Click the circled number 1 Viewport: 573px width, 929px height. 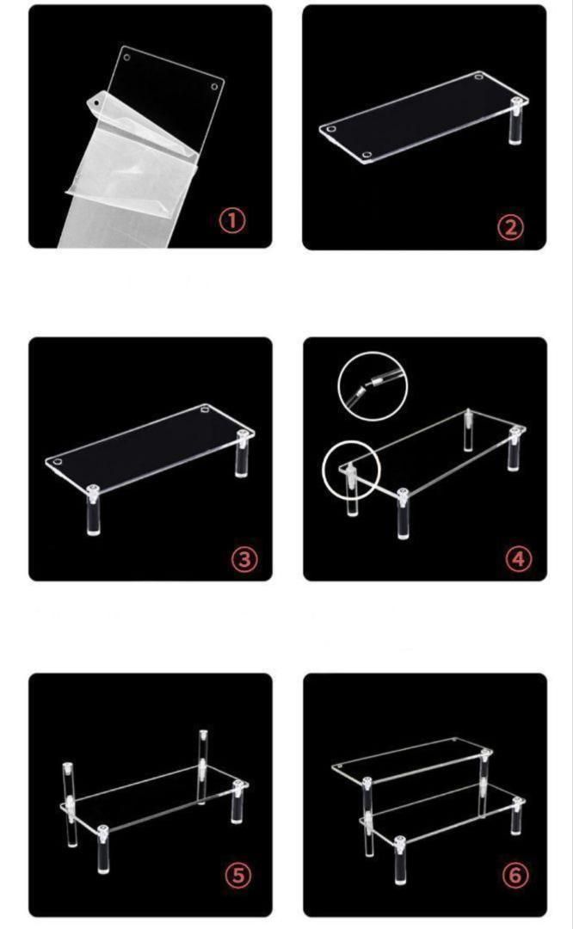click(232, 220)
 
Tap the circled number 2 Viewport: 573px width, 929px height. click(511, 227)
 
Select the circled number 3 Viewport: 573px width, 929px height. click(244, 559)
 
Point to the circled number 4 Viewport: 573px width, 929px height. click(519, 559)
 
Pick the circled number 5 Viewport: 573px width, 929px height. click(238, 875)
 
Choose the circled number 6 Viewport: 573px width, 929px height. click(515, 875)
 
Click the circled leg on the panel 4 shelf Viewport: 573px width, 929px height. click(351, 489)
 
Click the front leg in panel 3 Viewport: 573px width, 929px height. click(93, 510)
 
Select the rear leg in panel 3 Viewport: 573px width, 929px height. click(242, 454)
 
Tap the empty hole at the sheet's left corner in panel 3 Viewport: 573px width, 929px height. click(57, 462)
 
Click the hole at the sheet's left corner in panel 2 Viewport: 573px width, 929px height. click(330, 128)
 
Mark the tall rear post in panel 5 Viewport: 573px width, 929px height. click(203, 766)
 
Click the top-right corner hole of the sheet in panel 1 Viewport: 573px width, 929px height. click(214, 87)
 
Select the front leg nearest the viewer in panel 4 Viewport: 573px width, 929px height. click(403, 514)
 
